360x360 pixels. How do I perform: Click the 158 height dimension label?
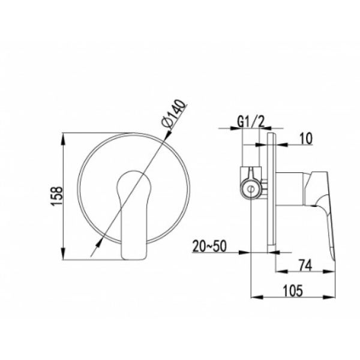pos(56,196)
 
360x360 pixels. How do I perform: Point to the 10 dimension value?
pos(306,139)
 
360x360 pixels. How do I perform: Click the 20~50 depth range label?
pos(209,246)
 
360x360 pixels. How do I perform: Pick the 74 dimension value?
pos(305,265)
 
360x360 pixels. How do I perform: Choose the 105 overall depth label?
pos(293,291)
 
